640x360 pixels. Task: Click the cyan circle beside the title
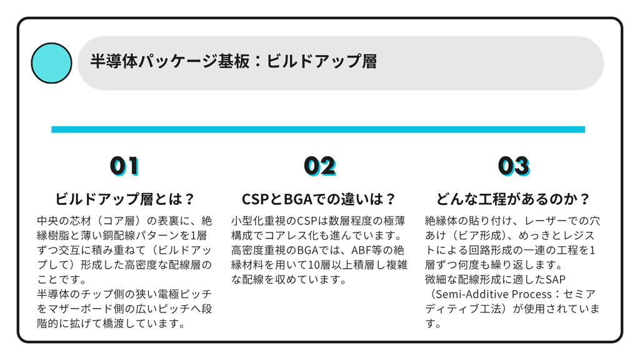pos(51,63)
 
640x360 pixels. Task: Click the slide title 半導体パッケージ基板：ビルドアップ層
pos(234,61)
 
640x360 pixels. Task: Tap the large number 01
pos(124,166)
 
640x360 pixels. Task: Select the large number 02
pos(319,166)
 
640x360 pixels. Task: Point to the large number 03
pos(514,166)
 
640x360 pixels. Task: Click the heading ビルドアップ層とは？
pos(124,199)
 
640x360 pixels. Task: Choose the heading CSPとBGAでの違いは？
pos(319,199)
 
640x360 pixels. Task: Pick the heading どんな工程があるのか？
pos(513,199)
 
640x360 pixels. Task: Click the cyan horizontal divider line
pos(318,129)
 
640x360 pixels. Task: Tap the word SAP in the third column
pos(556,279)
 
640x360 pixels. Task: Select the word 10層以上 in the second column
pos(330,265)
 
